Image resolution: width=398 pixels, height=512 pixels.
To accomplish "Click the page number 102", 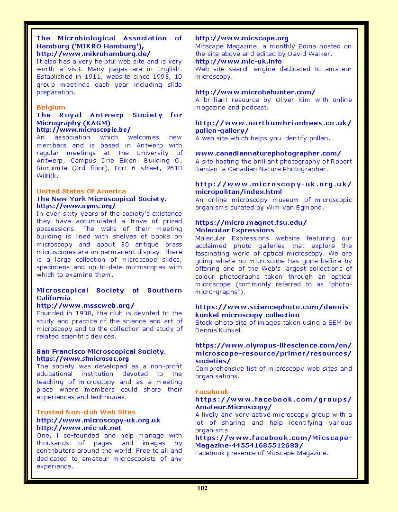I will (x=202, y=488).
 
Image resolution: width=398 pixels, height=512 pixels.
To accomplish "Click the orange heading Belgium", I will (x=51, y=107).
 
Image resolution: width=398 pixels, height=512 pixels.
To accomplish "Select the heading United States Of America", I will (x=81, y=191).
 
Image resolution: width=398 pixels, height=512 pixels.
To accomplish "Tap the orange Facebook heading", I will (x=211, y=392).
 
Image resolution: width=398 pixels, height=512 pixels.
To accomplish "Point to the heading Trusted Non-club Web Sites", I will (x=86, y=412).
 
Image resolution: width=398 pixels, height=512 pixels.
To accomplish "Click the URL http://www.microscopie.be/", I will (x=83, y=129).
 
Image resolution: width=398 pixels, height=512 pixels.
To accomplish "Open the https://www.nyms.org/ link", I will (x=76, y=206).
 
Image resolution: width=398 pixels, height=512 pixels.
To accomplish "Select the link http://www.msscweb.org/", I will (x=85, y=305).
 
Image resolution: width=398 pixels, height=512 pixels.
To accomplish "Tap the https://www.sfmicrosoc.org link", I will (x=82, y=359).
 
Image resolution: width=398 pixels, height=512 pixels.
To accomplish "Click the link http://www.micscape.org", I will (x=242, y=38).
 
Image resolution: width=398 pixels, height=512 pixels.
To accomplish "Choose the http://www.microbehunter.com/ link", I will (x=255, y=92).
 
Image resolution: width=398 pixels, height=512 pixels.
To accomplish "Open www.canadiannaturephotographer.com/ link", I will (x=268, y=153).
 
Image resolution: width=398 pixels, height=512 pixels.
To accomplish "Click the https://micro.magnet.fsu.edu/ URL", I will (x=251, y=222).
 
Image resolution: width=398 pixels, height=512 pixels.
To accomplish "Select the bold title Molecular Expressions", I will (x=235, y=230).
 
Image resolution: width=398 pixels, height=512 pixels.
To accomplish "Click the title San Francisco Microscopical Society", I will (x=101, y=351).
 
